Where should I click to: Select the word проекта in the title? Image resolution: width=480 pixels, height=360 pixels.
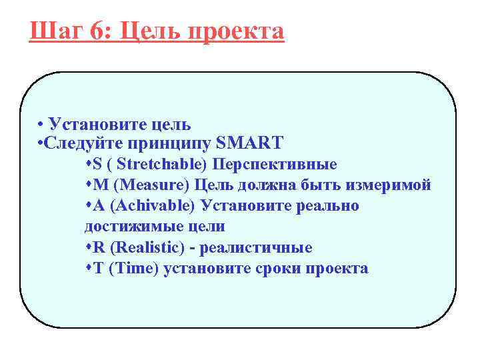point(239,31)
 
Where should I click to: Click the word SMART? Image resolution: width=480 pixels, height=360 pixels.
point(251,143)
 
